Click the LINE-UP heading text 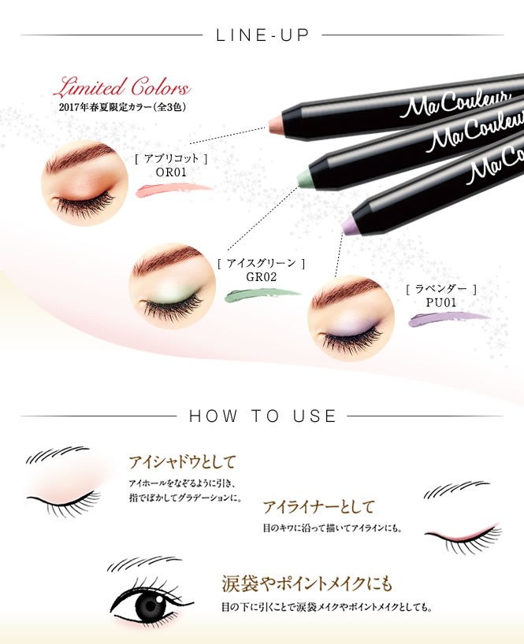[262, 35]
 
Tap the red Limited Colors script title [122, 87]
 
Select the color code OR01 [171, 172]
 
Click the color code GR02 [261, 277]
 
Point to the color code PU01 [441, 302]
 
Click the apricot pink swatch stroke [174, 191]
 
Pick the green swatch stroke [263, 295]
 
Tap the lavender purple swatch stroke [450, 319]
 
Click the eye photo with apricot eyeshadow [84, 183]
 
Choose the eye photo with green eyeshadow [173, 286]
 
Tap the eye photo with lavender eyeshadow [351, 318]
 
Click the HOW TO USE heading [262, 416]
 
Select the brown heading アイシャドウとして [182, 462]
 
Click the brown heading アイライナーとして [318, 507]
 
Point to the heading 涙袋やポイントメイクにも [307, 583]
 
